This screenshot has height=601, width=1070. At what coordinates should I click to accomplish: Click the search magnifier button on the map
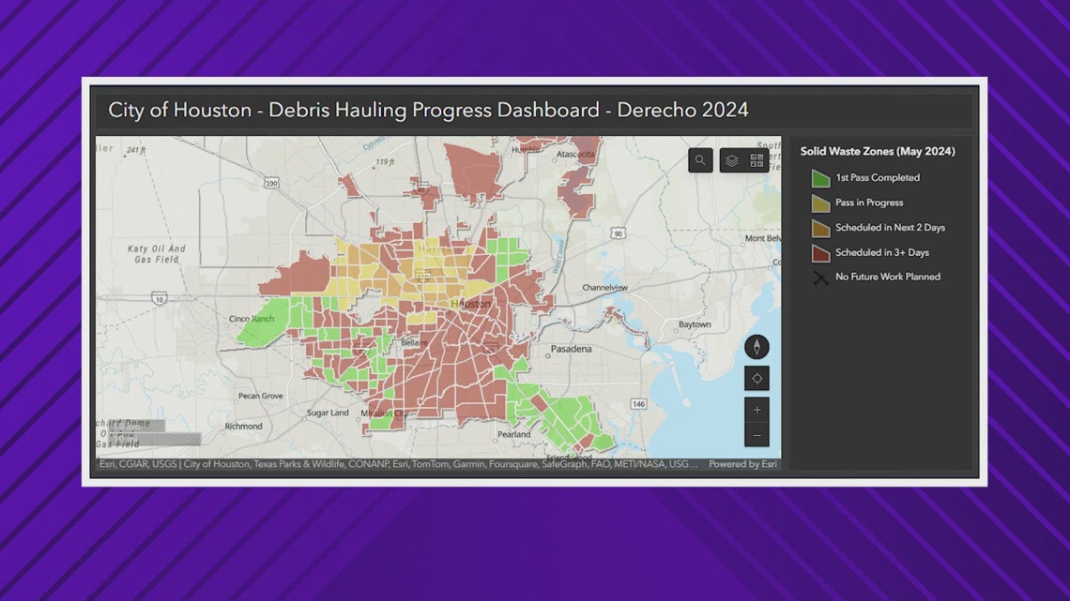(700, 161)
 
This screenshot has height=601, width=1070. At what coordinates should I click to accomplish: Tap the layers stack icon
(731, 161)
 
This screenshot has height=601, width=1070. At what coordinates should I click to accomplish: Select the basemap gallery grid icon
(757, 161)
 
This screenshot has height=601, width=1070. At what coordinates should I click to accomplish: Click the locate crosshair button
(757, 379)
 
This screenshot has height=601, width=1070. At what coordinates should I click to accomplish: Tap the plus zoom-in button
(757, 410)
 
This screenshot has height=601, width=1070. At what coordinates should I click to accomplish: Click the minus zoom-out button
(757, 435)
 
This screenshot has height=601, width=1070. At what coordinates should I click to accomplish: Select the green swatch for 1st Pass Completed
(820, 178)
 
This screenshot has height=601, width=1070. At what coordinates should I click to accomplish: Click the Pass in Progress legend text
(869, 203)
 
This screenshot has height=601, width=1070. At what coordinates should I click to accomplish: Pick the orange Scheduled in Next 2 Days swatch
(820, 228)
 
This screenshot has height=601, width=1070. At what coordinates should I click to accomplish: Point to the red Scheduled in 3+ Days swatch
(820, 252)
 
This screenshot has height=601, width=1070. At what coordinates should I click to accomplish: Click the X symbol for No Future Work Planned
(820, 278)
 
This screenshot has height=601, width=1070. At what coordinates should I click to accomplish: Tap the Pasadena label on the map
(571, 349)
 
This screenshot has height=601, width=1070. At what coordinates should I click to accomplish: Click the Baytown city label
(695, 324)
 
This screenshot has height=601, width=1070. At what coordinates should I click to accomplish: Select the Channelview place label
(605, 287)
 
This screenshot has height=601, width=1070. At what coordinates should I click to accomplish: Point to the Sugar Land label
(329, 413)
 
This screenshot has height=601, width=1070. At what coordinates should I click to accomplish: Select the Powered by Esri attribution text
(742, 464)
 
